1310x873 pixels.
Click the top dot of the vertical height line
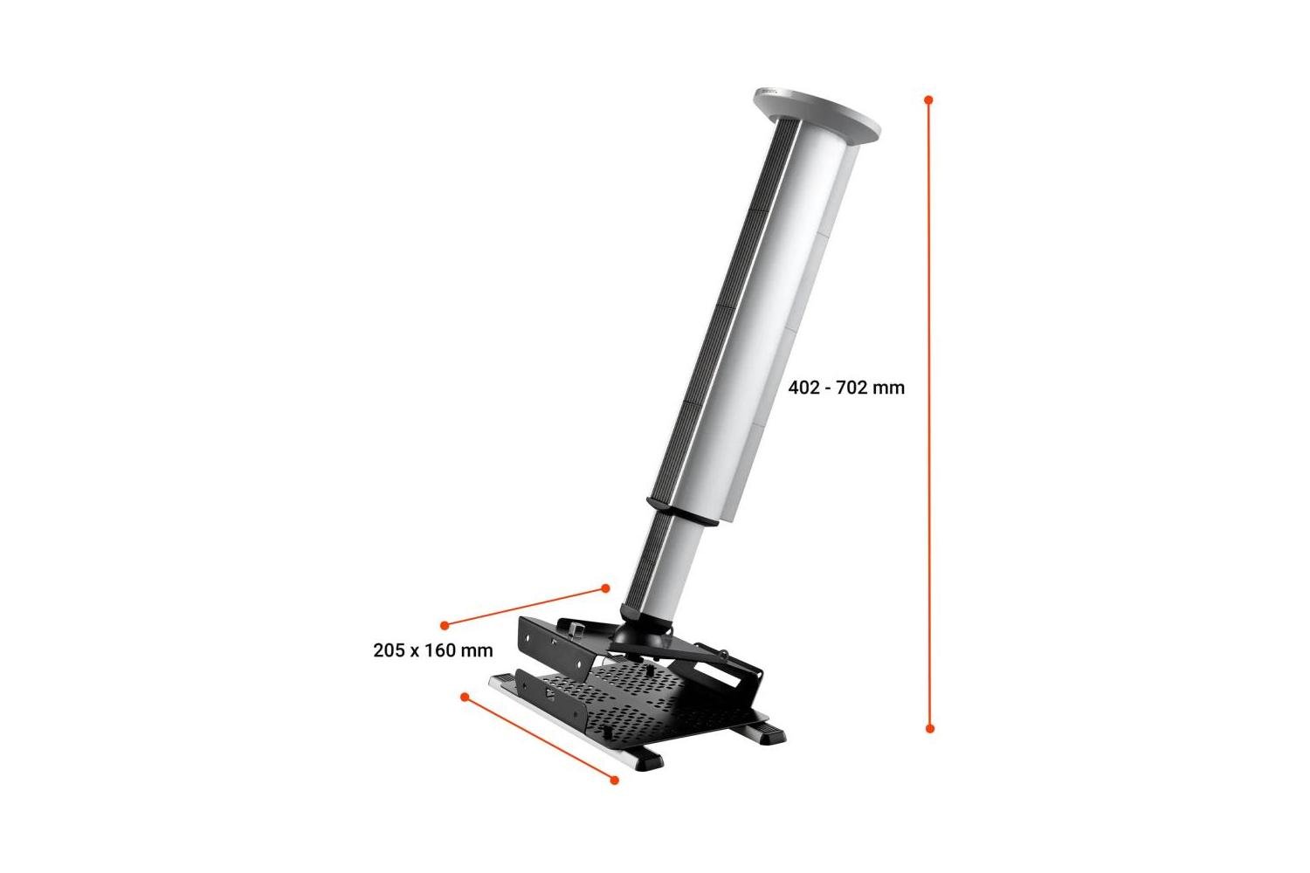(928, 100)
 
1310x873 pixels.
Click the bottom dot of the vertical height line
(929, 728)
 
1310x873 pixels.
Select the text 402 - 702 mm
(846, 388)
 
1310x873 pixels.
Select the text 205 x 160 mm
(433, 650)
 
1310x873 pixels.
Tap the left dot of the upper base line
(445, 624)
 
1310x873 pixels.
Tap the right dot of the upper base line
(606, 588)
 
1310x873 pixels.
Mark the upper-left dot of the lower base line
(465, 697)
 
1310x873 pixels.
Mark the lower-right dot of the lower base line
(614, 780)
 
